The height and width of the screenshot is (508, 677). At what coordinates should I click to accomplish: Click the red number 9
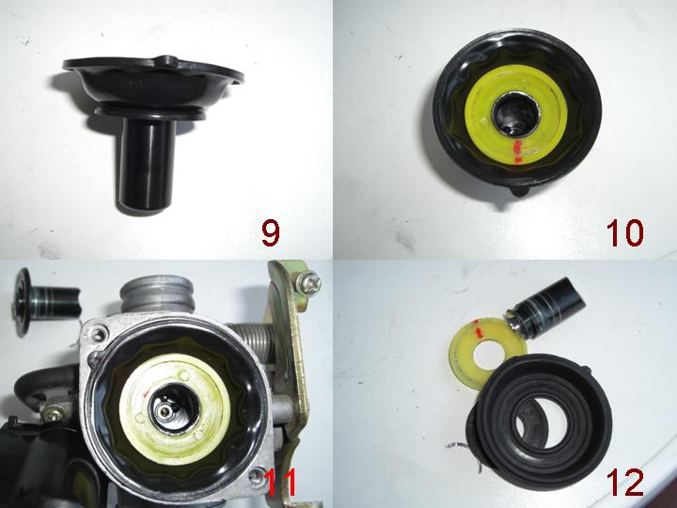(x=271, y=233)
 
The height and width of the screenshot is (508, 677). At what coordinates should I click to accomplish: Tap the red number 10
(x=624, y=233)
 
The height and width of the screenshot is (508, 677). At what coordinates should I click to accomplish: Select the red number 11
(x=281, y=483)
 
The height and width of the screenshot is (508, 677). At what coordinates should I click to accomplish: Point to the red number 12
(x=624, y=482)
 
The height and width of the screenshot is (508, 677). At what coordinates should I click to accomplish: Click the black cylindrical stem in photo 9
(x=148, y=164)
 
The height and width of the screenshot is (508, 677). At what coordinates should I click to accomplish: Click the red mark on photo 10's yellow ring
(x=518, y=151)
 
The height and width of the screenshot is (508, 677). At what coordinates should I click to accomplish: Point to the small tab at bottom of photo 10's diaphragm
(x=520, y=190)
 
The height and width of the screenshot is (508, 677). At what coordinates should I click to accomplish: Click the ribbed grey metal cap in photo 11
(x=157, y=294)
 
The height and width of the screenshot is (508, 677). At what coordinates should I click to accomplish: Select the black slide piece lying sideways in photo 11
(x=47, y=301)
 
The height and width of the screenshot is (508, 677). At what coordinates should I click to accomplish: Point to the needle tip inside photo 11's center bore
(x=165, y=411)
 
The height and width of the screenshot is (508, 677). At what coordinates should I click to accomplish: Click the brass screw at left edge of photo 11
(x=53, y=414)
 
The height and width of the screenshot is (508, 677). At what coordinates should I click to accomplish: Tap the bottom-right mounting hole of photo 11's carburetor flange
(x=255, y=476)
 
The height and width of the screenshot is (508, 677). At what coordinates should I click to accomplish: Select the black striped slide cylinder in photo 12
(x=544, y=308)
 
